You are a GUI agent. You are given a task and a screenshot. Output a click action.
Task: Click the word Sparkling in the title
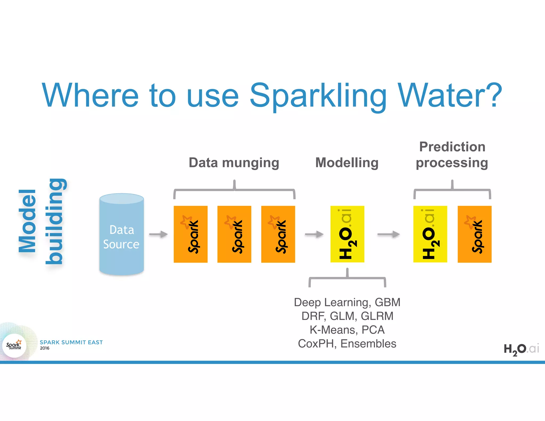pos(318,96)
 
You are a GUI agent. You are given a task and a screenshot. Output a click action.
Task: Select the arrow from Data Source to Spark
pos(158,234)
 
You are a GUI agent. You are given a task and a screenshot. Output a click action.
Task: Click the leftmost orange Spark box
pos(191,234)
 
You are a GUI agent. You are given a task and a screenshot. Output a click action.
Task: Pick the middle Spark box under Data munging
pos(234,234)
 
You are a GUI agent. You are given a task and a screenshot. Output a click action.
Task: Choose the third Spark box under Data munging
pos(278,234)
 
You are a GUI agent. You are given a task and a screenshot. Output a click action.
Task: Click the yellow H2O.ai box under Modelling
pos(347,234)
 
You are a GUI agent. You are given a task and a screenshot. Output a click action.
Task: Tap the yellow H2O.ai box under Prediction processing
pos(430,234)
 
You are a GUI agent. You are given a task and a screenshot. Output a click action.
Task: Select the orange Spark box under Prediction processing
pos(474,234)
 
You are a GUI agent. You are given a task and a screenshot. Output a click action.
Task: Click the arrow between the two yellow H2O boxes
pos(389,234)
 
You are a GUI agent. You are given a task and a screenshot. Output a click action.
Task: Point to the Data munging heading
pos(234,163)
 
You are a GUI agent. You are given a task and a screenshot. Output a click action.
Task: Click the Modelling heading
pos(347,163)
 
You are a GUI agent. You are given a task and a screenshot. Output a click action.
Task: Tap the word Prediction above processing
pos(452,147)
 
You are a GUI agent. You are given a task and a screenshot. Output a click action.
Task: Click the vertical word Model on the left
pos(27,221)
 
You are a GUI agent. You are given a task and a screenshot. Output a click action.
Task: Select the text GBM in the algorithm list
pos(387,302)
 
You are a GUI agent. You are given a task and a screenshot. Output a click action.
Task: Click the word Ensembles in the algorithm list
pos(368,344)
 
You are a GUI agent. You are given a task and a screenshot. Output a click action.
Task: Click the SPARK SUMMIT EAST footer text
pos(71,342)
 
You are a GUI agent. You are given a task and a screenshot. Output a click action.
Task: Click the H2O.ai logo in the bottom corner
pos(521,349)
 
